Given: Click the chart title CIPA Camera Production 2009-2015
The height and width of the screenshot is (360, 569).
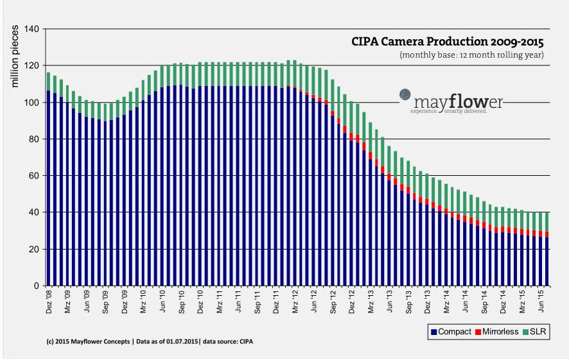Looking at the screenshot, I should (448, 42).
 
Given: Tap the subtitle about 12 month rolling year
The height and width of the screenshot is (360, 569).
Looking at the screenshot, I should (471, 55).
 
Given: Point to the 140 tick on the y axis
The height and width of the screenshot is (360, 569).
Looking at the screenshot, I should (31, 29).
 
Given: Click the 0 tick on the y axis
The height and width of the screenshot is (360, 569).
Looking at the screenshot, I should (37, 286).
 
